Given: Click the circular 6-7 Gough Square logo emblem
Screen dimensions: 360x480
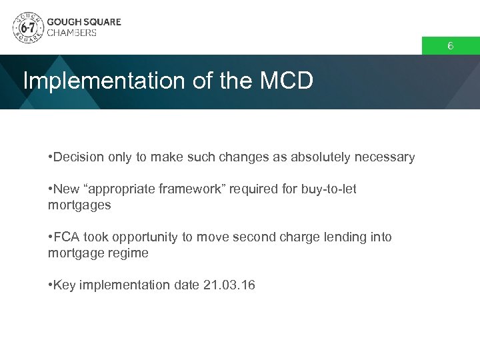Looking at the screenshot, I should tap(27, 27).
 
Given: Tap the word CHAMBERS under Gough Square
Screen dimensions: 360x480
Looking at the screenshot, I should tap(71, 33).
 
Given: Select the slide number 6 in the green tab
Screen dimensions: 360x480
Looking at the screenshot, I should tap(450, 46).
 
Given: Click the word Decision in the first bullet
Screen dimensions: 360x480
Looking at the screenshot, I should tap(77, 157).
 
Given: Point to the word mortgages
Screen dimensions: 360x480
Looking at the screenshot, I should tap(79, 205).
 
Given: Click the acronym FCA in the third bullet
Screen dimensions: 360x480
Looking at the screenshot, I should tap(67, 237).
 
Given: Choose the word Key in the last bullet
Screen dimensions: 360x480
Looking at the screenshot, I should tap(65, 285).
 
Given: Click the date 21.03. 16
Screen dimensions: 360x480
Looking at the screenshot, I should tap(227, 285).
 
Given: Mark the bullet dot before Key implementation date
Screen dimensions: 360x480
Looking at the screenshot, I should tap(51, 285).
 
